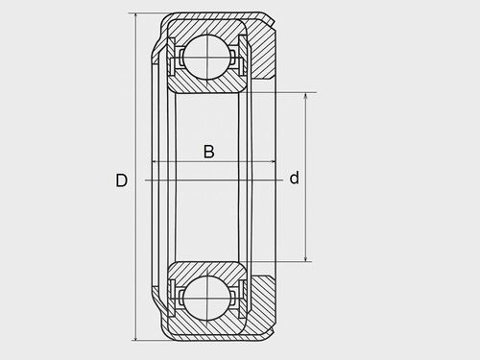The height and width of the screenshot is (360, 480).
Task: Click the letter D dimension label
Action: coord(121,180)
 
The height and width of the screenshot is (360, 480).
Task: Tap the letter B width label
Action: coord(209,152)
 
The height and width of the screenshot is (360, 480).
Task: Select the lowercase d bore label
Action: coord(294,178)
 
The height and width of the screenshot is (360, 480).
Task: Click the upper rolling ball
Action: coord(207,57)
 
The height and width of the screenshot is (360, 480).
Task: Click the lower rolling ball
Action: coord(207,299)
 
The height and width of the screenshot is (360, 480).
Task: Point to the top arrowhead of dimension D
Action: coord(136,16)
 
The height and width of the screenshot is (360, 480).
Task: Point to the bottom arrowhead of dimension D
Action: coord(136,337)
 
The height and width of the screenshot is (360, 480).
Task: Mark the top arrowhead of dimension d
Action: coord(306,96)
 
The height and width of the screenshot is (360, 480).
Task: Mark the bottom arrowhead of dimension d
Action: coord(306,258)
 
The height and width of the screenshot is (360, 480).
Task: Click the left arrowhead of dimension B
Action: coord(155,162)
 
